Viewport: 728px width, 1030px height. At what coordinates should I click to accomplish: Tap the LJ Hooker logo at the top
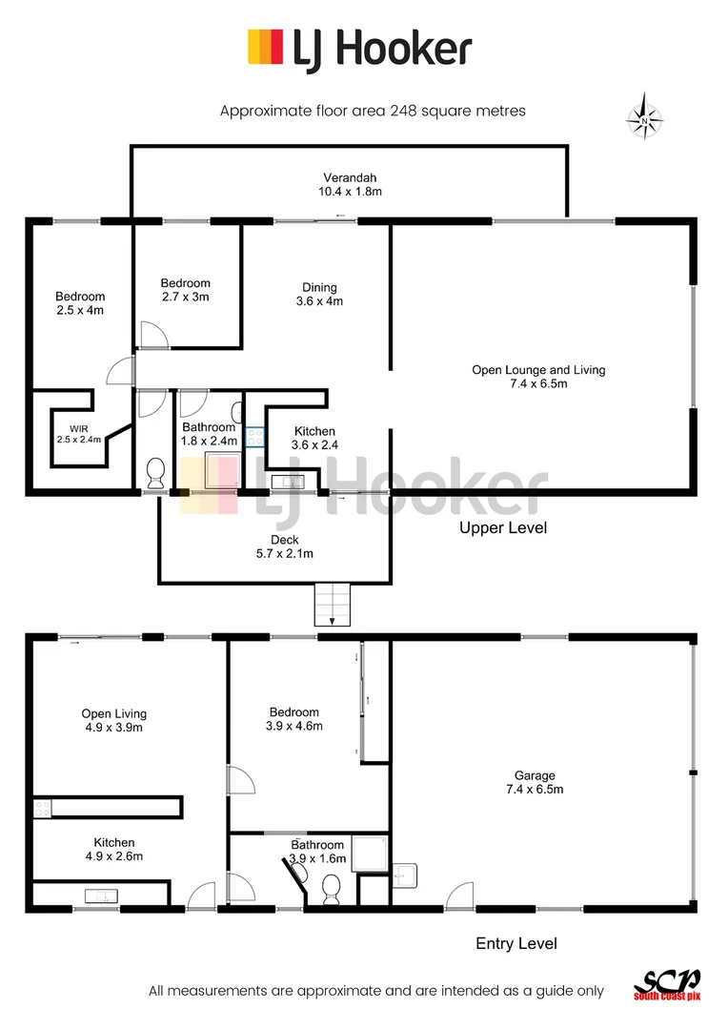point(359,48)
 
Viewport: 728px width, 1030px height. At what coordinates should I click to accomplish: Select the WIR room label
point(77,433)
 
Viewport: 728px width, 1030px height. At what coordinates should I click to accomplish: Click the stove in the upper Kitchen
point(254,438)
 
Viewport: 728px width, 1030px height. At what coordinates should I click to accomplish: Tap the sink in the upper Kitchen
point(285,482)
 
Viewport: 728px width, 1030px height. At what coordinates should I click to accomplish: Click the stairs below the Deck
point(333,605)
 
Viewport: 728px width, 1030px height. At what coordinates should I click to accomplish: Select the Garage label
point(531,782)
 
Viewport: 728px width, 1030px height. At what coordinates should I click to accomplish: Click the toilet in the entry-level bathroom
point(332,891)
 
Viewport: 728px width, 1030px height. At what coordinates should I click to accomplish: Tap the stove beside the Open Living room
point(42,808)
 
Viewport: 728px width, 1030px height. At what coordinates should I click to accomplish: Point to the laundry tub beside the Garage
point(402,874)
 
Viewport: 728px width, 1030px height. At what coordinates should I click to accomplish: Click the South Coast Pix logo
point(666,985)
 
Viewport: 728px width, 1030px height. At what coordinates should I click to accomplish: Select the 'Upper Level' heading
point(503,527)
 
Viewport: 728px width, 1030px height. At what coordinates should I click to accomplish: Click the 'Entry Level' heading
point(516,943)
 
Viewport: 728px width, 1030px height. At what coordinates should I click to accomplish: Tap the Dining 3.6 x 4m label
point(319,294)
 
